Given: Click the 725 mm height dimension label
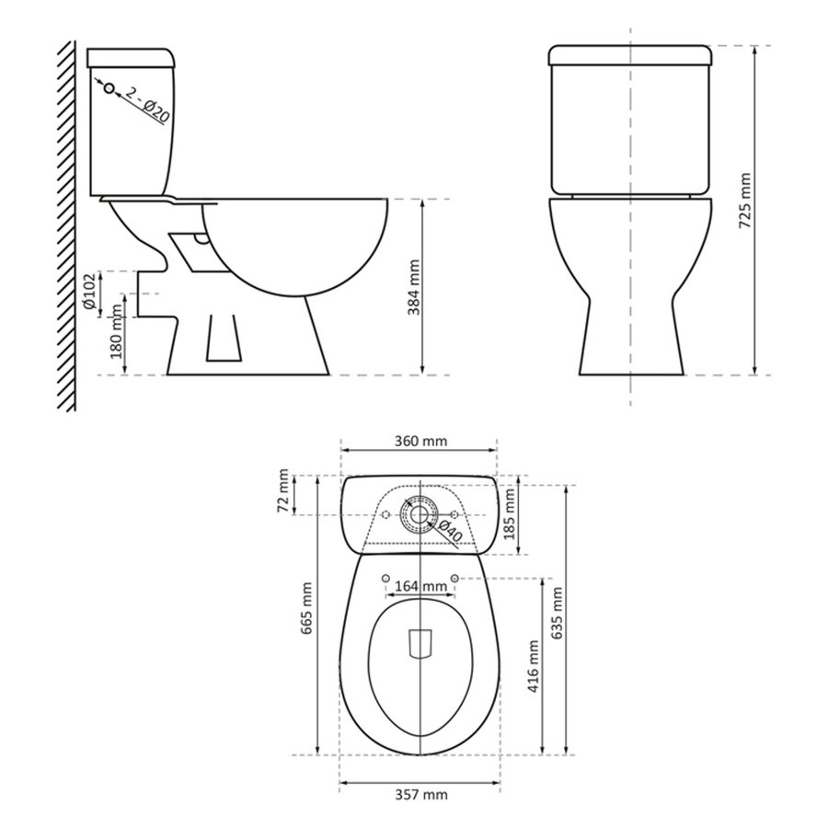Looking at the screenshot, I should [746, 199].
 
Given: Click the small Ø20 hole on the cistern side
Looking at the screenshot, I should [109, 88].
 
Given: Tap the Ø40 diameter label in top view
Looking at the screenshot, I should [450, 532].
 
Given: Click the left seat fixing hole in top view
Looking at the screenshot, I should [385, 578].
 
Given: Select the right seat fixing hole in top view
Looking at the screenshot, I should [455, 578].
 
